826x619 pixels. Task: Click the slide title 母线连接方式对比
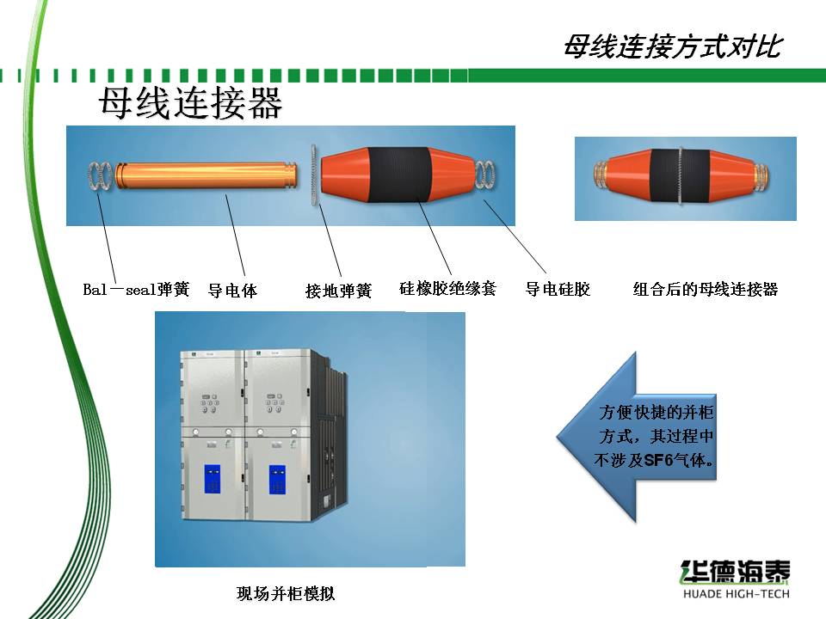(x=673, y=46)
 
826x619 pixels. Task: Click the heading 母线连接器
(x=190, y=102)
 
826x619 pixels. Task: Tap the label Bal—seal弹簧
(x=136, y=289)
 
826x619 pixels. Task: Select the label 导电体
(x=232, y=290)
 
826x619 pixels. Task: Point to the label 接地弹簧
(x=339, y=291)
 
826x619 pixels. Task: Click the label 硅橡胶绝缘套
(x=447, y=289)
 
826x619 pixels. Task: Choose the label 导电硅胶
(x=558, y=289)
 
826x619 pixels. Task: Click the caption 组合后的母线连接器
(x=706, y=289)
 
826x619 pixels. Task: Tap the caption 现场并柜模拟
(x=286, y=594)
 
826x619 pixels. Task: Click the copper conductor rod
(x=206, y=175)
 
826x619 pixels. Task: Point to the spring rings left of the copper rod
(x=100, y=175)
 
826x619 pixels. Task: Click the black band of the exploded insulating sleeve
(x=400, y=175)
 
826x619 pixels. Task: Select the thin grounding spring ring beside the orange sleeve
(x=315, y=175)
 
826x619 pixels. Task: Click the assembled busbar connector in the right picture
(x=681, y=176)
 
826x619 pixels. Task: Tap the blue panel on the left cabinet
(x=213, y=479)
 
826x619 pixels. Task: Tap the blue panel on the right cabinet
(x=277, y=480)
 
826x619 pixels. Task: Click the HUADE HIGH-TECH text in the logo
(x=737, y=594)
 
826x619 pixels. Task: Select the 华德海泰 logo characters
(x=736, y=572)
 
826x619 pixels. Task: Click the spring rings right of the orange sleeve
(x=485, y=175)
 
